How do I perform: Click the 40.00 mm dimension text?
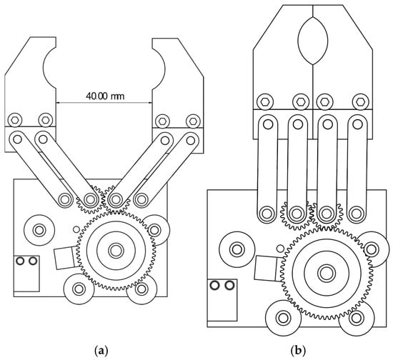[105, 96]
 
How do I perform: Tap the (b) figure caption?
[298, 350]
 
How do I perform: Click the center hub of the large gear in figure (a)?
[116, 250]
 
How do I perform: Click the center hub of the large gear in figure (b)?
[327, 273]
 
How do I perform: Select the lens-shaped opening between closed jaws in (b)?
[313, 41]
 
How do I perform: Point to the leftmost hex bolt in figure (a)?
[15, 120]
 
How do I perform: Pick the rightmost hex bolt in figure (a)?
[193, 121]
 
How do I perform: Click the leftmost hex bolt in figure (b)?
[265, 101]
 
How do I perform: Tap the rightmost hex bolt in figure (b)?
[360, 101]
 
